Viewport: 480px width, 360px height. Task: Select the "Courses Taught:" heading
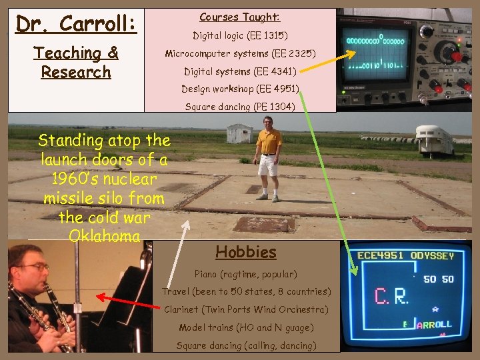coord(240,17)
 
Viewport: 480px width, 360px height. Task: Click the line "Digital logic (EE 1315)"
coord(240,35)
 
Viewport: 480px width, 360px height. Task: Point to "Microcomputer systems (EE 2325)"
coord(240,53)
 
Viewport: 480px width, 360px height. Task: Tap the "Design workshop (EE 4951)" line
coord(240,89)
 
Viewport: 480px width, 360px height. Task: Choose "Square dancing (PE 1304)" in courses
coord(240,107)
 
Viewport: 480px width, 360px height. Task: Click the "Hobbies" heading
coord(245,252)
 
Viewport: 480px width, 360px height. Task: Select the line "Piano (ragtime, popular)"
coord(245,274)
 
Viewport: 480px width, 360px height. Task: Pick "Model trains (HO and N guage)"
coord(246,327)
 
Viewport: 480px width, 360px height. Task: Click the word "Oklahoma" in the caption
coord(104,236)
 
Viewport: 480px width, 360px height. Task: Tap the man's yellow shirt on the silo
coord(269,141)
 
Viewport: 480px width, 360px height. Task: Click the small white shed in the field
coord(239,133)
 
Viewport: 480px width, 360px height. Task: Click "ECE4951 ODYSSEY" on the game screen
coord(406,256)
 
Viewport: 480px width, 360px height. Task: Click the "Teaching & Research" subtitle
coord(75,62)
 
